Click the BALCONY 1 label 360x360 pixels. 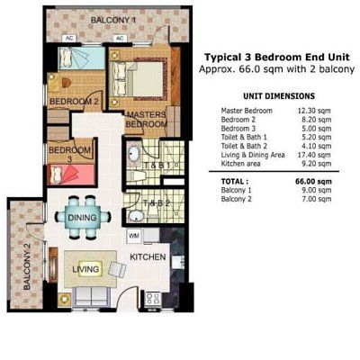(113, 20)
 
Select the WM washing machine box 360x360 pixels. (134, 236)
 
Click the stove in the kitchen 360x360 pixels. (153, 299)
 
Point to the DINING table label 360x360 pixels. (82, 217)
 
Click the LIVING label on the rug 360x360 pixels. (85, 269)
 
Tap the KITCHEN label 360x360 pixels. (148, 257)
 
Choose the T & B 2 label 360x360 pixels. (157, 203)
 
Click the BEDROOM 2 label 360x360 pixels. (74, 102)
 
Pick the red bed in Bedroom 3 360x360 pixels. (71, 175)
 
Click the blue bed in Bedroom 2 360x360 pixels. (81, 58)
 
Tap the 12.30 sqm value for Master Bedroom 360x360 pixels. (314, 111)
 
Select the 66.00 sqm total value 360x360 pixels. (314, 182)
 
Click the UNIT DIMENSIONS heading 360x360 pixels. (279, 96)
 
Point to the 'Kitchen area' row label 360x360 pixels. (240, 164)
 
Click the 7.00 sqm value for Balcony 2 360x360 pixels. (317, 199)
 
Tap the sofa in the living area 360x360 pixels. (90, 295)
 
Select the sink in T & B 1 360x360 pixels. (133, 155)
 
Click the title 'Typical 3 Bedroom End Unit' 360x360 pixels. (277, 57)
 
